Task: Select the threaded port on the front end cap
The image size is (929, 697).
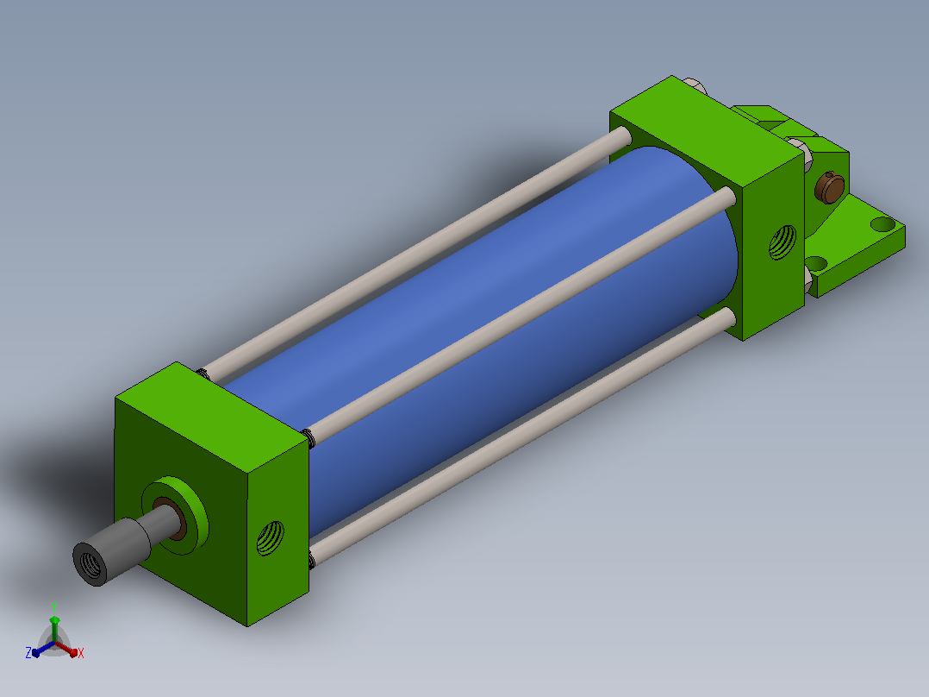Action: [271, 538]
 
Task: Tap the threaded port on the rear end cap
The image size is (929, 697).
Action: [782, 242]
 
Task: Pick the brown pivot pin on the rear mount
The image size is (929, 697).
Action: [829, 187]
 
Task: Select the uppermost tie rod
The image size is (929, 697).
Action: [415, 255]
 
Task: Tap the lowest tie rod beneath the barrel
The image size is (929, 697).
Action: [521, 436]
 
